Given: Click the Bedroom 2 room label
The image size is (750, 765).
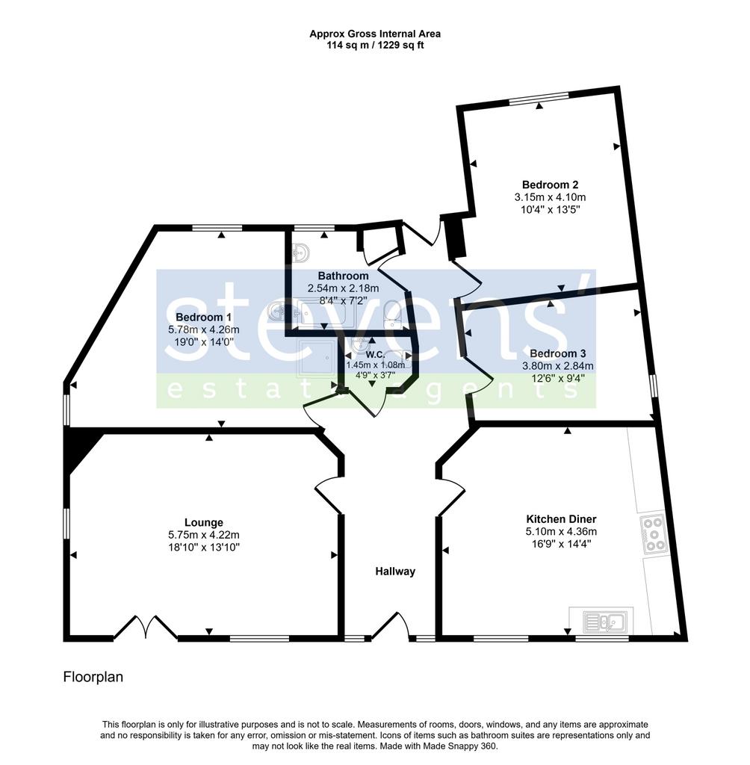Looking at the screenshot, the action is click(550, 185).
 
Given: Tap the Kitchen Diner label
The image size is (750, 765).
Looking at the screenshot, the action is click(561, 519).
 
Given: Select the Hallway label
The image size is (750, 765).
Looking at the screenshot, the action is click(395, 572).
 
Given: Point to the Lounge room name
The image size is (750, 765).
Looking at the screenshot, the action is click(204, 522).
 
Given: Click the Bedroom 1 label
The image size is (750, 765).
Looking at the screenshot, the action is click(203, 317).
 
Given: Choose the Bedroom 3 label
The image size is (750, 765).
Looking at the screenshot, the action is click(558, 353).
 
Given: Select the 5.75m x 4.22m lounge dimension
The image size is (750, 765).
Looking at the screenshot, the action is click(204, 535).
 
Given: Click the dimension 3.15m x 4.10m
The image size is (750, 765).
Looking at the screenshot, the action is click(550, 197).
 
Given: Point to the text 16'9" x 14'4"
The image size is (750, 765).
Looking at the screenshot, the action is click(561, 544).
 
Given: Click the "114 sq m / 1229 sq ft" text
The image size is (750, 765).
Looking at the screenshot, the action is click(375, 46).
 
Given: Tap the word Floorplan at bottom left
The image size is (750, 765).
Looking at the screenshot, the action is click(93, 677).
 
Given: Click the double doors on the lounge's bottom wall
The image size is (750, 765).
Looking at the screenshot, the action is click(146, 628).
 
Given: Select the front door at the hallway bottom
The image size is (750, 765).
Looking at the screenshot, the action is click(391, 627).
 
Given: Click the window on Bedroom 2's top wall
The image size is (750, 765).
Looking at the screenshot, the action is click(539, 98).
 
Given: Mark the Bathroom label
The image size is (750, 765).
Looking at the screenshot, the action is click(343, 276).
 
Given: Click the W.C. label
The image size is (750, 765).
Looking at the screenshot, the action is click(375, 354).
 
